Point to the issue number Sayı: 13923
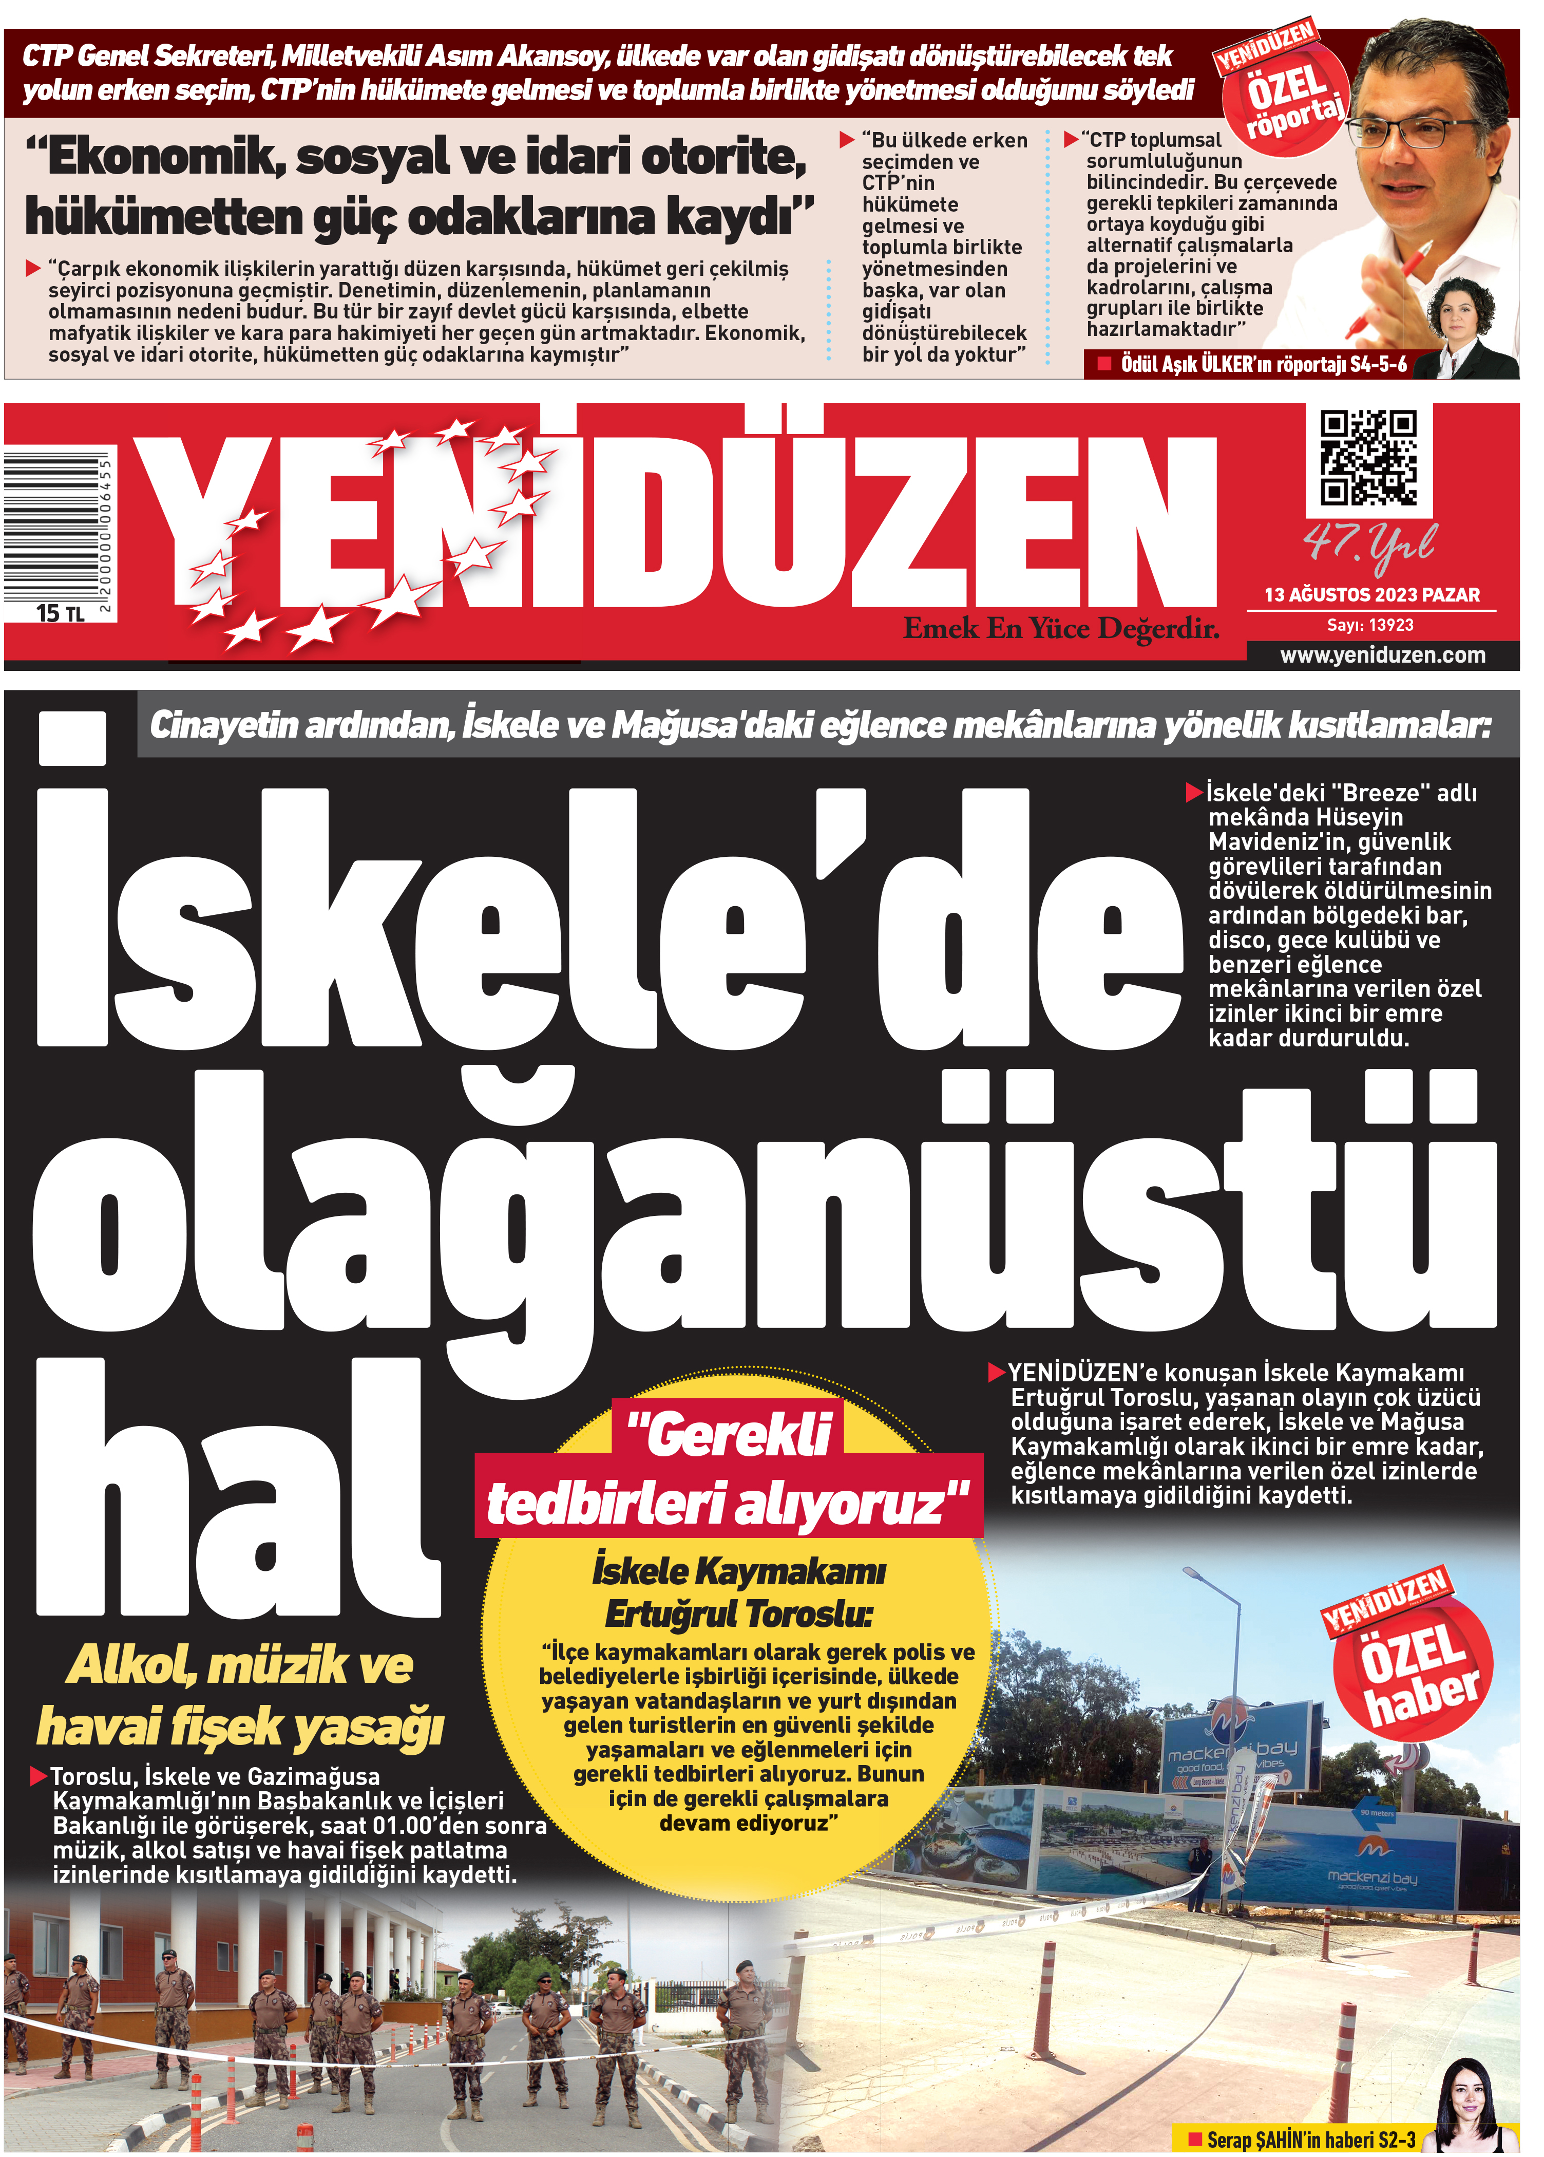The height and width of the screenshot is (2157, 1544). click(x=1370, y=625)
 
